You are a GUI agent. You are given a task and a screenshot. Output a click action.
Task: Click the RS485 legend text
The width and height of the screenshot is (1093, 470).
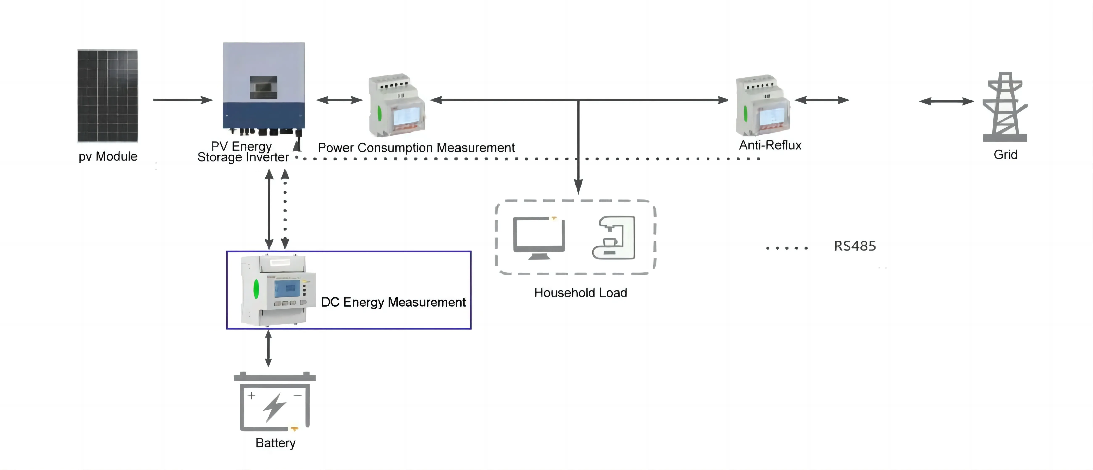pyautogui.click(x=855, y=246)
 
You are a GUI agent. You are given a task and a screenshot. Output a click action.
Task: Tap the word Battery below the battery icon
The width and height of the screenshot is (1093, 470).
pyautogui.click(x=275, y=443)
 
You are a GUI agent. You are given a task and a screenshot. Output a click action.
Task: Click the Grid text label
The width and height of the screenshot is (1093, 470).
pyautogui.click(x=1005, y=154)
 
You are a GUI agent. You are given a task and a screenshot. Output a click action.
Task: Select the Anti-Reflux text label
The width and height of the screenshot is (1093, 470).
pyautogui.click(x=770, y=145)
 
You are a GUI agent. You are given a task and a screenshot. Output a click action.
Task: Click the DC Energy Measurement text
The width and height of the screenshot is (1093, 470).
pyautogui.click(x=393, y=302)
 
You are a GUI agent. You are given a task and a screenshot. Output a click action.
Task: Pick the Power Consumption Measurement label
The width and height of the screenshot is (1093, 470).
pyautogui.click(x=416, y=148)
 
